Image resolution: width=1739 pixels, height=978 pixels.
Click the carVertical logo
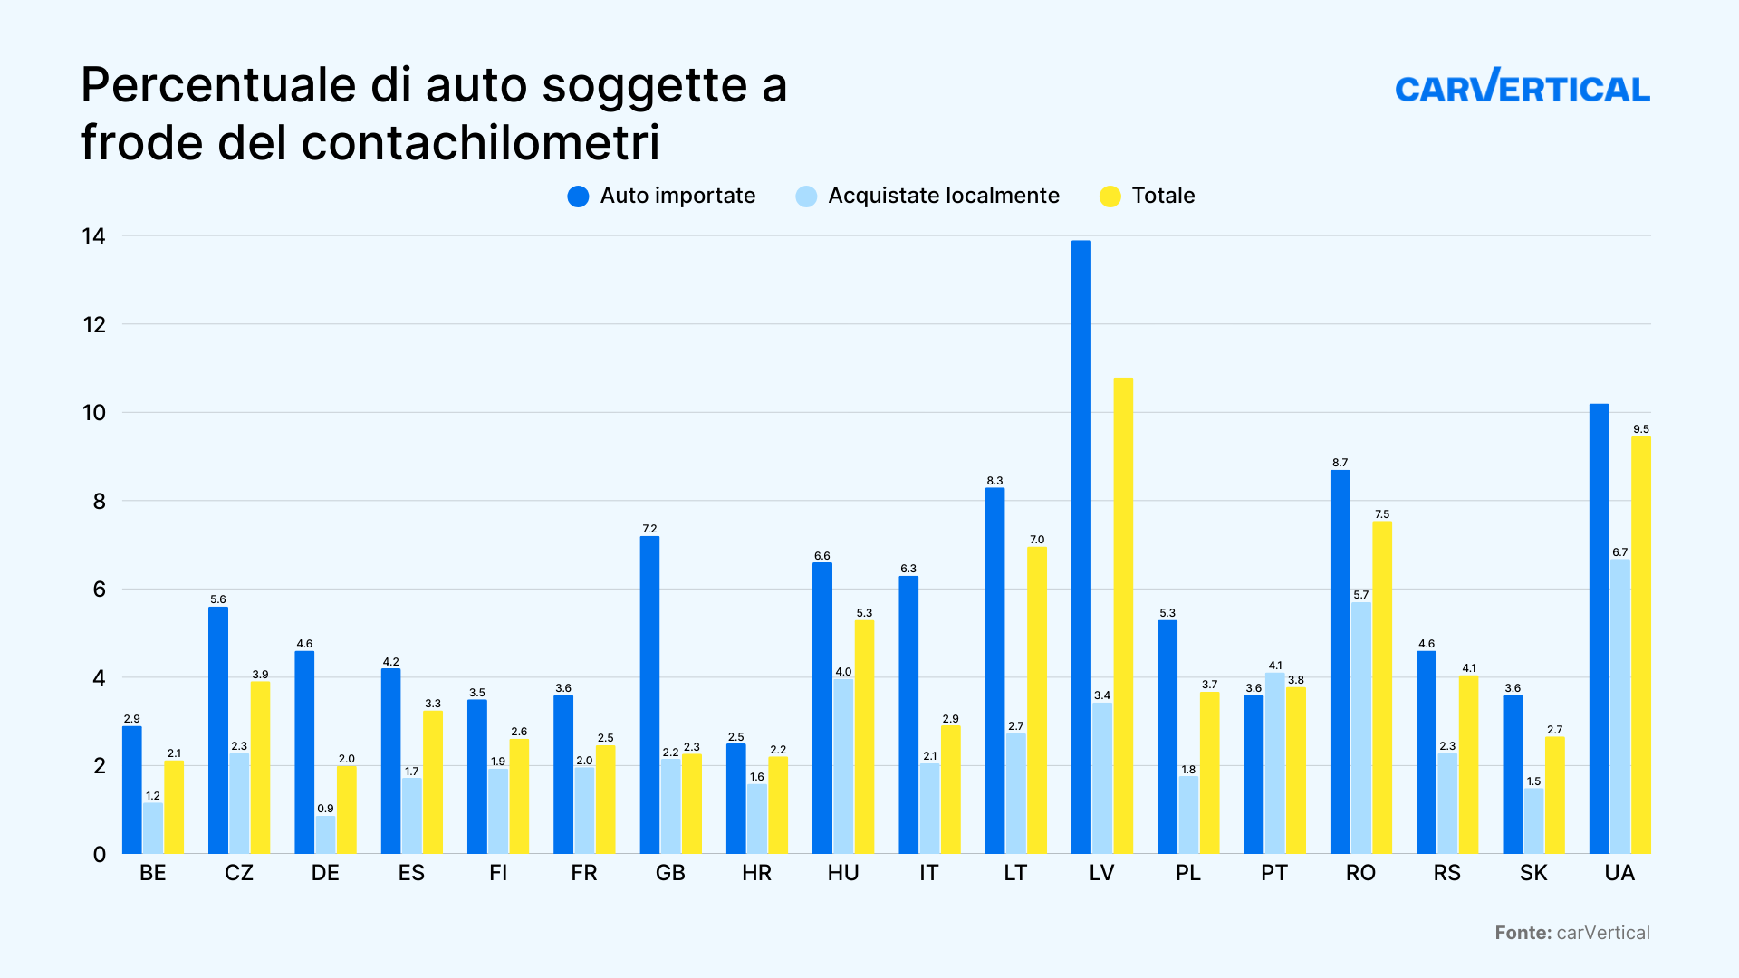1523,85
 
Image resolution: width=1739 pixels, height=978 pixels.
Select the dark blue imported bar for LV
1081,547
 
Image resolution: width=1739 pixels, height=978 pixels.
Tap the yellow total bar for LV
1123,616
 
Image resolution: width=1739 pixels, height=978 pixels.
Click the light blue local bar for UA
1620,706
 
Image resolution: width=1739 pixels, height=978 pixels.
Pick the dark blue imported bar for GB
649,695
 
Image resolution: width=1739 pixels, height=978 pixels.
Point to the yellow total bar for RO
1382,687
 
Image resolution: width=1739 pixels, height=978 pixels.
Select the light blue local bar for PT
1275,763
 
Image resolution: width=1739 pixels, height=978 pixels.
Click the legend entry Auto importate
661,196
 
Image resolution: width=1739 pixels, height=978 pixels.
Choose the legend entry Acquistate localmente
927,196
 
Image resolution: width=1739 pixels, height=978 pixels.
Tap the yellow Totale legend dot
1110,197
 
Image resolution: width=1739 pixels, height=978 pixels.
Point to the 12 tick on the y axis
94,324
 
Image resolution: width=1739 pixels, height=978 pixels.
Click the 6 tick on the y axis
100,590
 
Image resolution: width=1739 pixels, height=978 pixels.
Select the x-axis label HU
843,873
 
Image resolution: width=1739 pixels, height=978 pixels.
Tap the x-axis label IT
929,873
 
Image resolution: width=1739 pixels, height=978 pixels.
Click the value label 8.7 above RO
1340,463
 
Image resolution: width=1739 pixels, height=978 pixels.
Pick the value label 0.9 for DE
326,809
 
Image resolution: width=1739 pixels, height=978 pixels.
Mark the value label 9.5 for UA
1641,429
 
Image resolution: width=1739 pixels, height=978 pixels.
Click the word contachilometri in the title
480,143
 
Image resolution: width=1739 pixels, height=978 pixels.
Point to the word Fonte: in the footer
1523,933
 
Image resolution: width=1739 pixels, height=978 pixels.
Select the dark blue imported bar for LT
995,671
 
